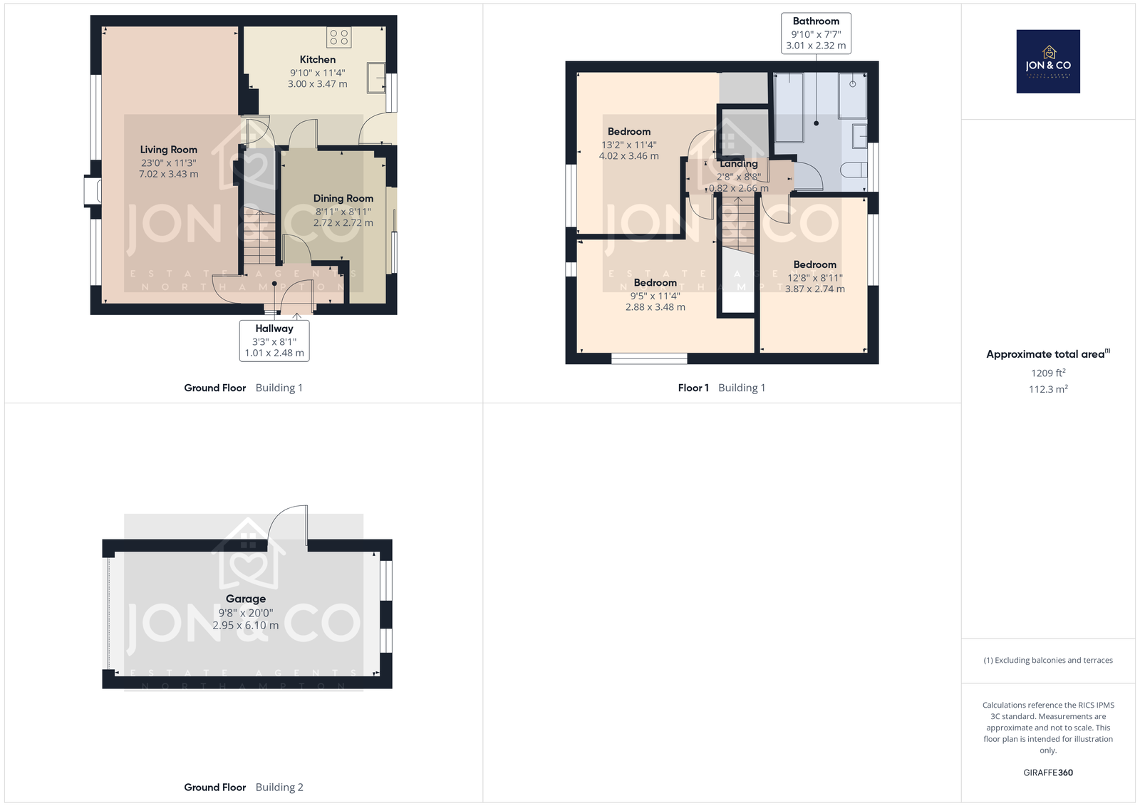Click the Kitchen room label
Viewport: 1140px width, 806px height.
pos(318,60)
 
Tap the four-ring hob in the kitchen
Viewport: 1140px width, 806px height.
pos(339,37)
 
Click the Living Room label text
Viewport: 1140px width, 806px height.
pos(168,150)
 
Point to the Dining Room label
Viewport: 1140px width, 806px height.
pos(343,199)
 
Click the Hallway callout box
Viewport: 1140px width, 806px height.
pos(274,341)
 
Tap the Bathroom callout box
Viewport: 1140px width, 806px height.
pos(816,33)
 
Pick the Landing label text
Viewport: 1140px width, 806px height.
pos(738,164)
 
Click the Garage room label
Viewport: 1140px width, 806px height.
pos(246,599)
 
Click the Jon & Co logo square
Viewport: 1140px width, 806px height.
pos(1048,61)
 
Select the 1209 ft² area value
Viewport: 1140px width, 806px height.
pos(1048,373)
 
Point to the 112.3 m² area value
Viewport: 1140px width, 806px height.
pos(1048,389)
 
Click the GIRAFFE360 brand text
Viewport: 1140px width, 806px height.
pos(1048,773)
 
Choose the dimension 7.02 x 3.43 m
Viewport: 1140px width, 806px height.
pos(168,174)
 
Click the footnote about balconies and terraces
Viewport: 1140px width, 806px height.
pos(1048,661)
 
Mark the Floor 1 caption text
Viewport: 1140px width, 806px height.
pos(693,388)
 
